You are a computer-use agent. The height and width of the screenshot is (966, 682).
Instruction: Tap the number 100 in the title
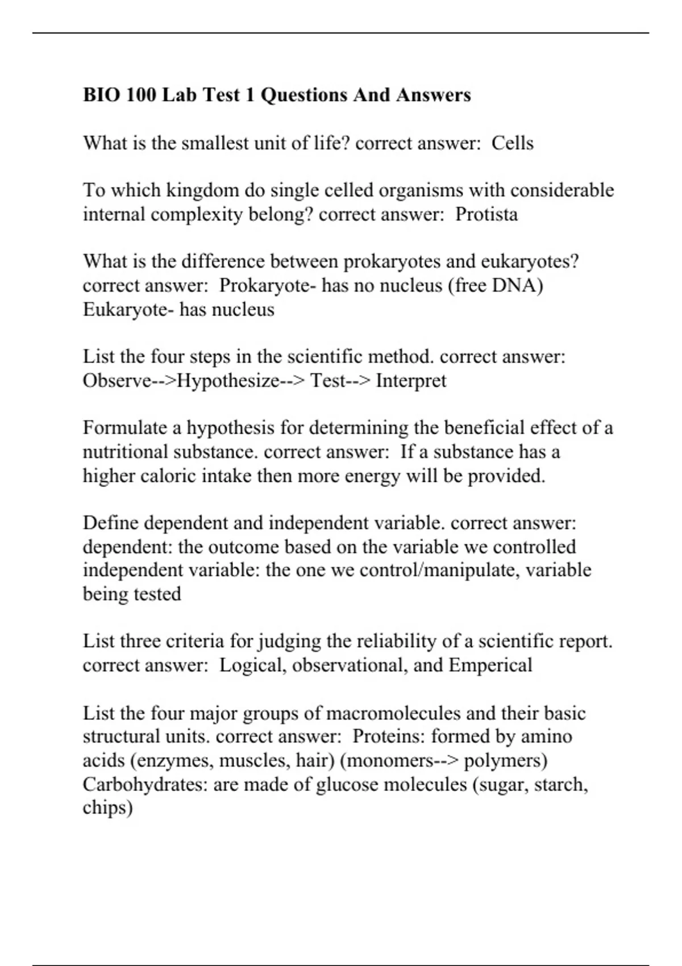(x=141, y=94)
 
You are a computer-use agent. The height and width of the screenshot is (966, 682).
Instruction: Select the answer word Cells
(x=512, y=143)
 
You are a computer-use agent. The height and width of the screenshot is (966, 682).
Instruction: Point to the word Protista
(x=486, y=214)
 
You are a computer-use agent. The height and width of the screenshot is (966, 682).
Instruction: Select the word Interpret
(x=411, y=380)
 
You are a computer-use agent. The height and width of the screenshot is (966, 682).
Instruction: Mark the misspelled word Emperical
(x=490, y=665)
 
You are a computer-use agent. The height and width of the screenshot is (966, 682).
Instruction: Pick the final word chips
(x=107, y=808)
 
